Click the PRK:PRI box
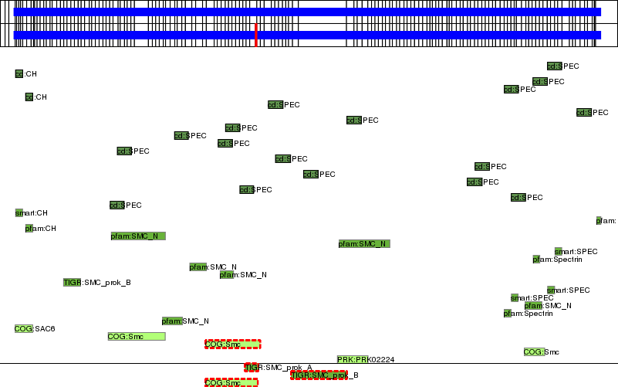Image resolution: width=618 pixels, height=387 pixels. point(353,359)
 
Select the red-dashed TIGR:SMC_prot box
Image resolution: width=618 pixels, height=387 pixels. point(319,375)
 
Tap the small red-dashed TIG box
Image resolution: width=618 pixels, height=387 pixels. point(252,367)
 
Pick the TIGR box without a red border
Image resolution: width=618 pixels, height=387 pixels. point(72,282)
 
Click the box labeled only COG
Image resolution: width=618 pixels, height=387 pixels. point(23,328)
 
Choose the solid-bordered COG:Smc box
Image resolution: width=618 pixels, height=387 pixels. point(136,336)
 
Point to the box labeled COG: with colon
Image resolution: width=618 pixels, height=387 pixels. point(534,351)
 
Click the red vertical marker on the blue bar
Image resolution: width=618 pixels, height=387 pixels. point(255,35)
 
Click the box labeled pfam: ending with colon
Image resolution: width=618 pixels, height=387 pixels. point(172,321)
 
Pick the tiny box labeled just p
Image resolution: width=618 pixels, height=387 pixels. point(599,220)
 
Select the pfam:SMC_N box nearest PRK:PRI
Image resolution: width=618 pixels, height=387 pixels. point(364,243)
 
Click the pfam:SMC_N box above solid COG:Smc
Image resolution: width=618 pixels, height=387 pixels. point(137,236)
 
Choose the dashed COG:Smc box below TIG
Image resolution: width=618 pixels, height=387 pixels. point(231,382)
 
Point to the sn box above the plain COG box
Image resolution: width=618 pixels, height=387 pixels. point(19,212)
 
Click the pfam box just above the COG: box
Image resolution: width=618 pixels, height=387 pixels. point(533,305)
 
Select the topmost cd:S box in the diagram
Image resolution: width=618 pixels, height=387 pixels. point(554,66)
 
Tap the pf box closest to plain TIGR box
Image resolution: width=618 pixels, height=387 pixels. point(29,228)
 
